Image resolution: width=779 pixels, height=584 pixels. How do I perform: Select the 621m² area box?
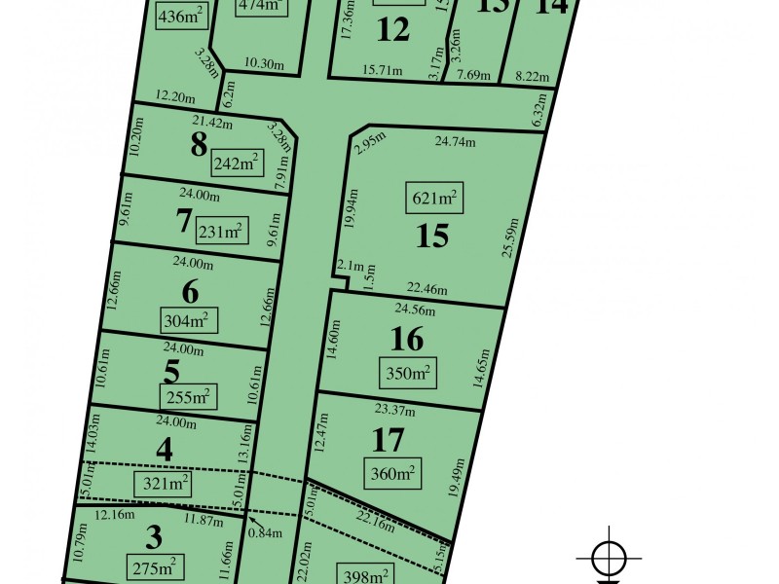[x=433, y=201]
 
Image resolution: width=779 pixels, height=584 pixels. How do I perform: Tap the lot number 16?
[x=406, y=339]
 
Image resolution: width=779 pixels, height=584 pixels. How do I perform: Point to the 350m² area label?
[x=407, y=372]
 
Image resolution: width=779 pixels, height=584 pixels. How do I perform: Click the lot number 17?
[x=388, y=440]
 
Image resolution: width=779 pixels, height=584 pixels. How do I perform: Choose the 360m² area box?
[x=393, y=474]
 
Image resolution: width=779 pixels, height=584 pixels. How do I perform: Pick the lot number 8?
[x=200, y=145]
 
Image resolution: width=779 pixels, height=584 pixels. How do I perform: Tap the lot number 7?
[x=183, y=221]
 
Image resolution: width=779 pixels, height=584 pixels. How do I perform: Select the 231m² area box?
[x=220, y=232]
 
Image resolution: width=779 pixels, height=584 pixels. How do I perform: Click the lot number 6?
[x=190, y=290]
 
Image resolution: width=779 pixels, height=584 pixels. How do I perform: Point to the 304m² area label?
[x=188, y=319]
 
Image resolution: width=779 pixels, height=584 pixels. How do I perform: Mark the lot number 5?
[x=172, y=371]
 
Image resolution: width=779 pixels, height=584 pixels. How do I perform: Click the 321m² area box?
[x=162, y=483]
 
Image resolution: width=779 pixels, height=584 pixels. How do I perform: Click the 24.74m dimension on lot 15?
[x=456, y=142]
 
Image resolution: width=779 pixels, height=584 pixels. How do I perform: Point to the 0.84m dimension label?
[x=260, y=531]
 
